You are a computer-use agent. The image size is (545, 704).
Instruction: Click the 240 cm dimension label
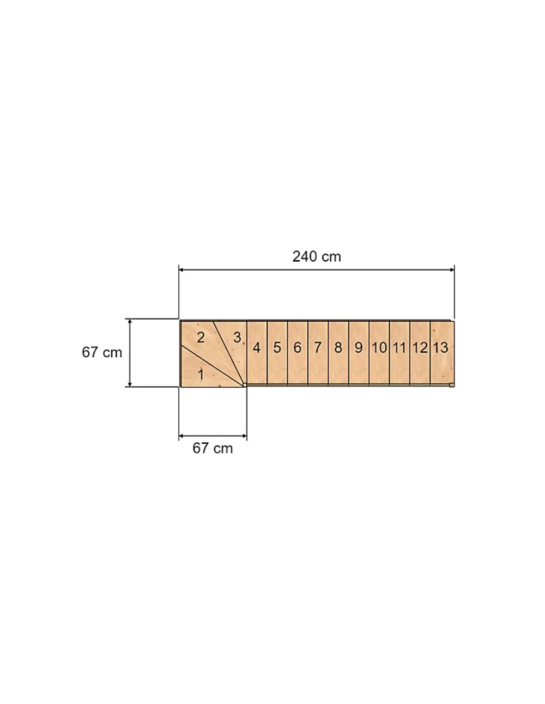pos(317,257)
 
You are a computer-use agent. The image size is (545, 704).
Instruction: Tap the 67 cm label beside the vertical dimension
pos(102,352)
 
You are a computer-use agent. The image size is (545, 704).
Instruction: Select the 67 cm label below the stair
pos(213,448)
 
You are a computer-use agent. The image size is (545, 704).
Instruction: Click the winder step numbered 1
pos(204,371)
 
